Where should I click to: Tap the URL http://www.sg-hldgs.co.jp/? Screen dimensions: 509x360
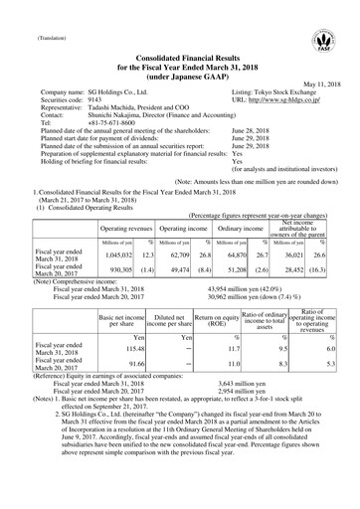tap(279, 101)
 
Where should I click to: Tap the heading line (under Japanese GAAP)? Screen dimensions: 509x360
tap(179, 74)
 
